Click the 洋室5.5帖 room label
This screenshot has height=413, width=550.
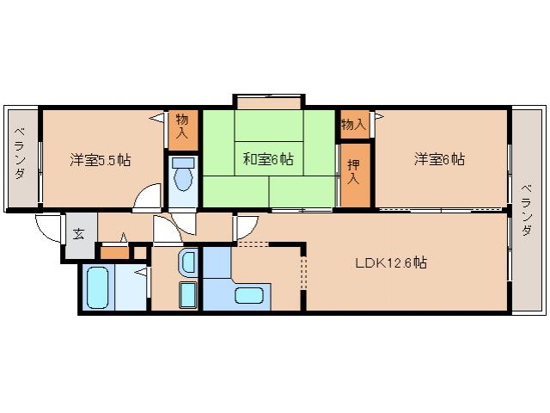(101, 159)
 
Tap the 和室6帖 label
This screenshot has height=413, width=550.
(267, 159)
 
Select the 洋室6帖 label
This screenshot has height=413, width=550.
(439, 159)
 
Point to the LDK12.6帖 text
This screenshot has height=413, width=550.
(391, 263)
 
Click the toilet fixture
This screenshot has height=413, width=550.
(182, 176)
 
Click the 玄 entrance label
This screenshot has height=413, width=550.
(78, 233)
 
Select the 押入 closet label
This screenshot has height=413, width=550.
(353, 173)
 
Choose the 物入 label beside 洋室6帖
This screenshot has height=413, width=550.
(353, 125)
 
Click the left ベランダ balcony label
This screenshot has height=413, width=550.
(19, 155)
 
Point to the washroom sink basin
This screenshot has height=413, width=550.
(188, 262)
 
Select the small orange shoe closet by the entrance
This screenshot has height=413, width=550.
(113, 252)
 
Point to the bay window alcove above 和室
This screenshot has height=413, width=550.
(267, 103)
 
